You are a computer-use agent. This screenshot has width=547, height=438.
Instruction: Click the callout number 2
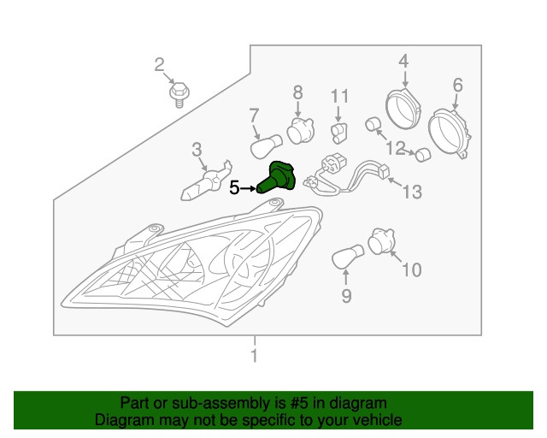[x=159, y=64]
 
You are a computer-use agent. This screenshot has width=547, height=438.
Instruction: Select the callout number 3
[x=197, y=151]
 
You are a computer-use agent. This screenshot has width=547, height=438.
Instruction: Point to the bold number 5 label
[x=234, y=188]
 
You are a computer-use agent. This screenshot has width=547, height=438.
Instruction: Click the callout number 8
[x=297, y=92]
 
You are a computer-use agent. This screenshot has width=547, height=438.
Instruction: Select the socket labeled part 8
[x=299, y=131]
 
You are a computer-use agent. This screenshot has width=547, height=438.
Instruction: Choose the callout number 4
[x=403, y=61]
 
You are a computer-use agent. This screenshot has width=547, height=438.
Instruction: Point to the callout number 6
[x=457, y=85]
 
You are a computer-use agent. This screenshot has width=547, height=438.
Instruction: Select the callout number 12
[x=395, y=148]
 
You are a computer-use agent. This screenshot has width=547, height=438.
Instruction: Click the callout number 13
[x=412, y=192]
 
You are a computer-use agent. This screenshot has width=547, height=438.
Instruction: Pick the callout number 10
[x=411, y=270]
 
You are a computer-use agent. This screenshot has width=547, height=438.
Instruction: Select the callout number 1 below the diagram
[x=254, y=355]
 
